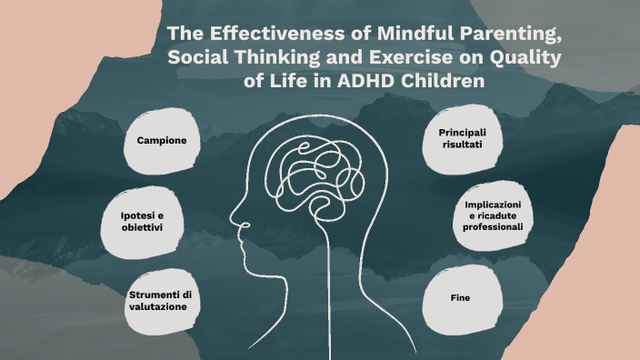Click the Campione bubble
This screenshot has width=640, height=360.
coord(162,141)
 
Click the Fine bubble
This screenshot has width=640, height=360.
coord(460,297)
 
